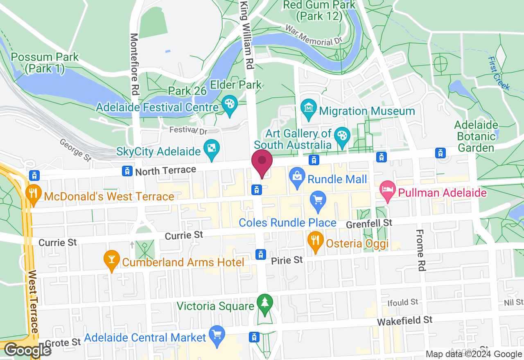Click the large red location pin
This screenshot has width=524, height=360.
click(x=262, y=162)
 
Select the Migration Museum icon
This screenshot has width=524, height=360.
click(x=308, y=108)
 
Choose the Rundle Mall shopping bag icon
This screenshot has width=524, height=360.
click(x=297, y=177)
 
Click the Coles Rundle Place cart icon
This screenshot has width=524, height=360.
click(x=318, y=200)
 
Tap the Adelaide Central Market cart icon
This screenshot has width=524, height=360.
click(x=217, y=335)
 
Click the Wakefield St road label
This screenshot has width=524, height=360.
click(x=404, y=321)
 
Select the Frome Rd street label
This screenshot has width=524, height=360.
click(x=420, y=250)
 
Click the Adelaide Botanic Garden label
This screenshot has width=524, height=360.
click(x=476, y=136)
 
